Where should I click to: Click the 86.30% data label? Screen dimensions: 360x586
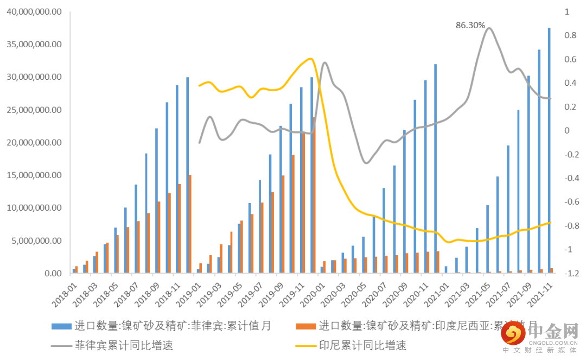coord(470,25)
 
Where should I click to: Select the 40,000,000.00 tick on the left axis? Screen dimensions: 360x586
coord(34,11)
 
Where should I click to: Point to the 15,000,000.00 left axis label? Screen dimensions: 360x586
coord(34,175)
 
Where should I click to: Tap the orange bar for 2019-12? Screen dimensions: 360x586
coord(314,195)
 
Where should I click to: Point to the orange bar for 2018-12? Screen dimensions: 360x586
coord(190,224)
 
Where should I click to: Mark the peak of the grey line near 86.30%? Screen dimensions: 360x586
coord(489,28)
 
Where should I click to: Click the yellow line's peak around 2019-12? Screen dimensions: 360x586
coord(310,59)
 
